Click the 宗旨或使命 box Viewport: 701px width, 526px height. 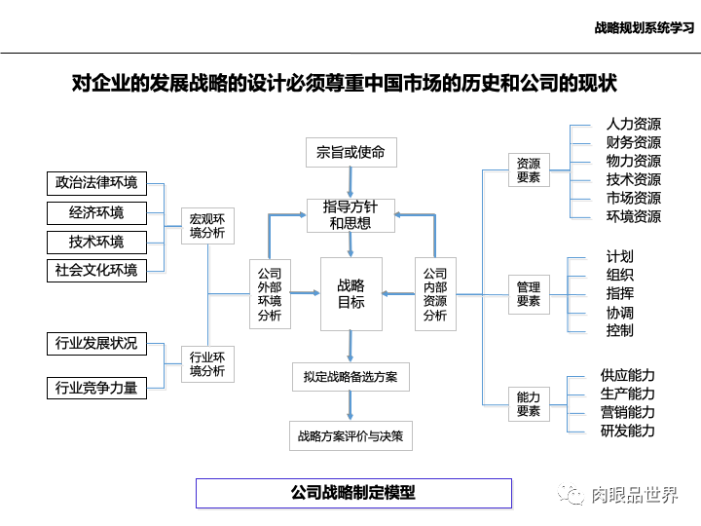pos(350,152)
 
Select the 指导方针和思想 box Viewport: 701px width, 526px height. pos(350,214)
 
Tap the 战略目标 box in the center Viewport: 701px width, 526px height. pos(350,294)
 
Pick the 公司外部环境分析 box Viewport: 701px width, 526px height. pos(269,294)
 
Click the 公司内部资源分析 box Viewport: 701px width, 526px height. pos(434,294)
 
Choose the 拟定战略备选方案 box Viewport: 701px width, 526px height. pos(350,376)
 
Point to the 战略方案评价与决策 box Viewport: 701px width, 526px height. pos(350,435)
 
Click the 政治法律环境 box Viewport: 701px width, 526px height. pos(96,183)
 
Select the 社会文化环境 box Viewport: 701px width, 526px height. pos(96,270)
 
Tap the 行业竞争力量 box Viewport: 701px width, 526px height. pos(96,388)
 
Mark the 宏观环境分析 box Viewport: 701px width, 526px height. pos(206,226)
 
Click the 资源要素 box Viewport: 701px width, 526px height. pos(529,170)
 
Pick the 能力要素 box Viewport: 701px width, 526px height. pos(529,404)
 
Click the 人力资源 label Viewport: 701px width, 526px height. pos(633,125)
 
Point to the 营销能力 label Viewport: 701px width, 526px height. pos(627,412)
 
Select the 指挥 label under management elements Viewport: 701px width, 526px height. pos(619,293)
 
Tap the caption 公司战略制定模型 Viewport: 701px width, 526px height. pos(352,493)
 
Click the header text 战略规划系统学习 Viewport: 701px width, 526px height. pos(644,28)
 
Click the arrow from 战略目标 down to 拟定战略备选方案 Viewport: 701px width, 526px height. pos(350,346)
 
